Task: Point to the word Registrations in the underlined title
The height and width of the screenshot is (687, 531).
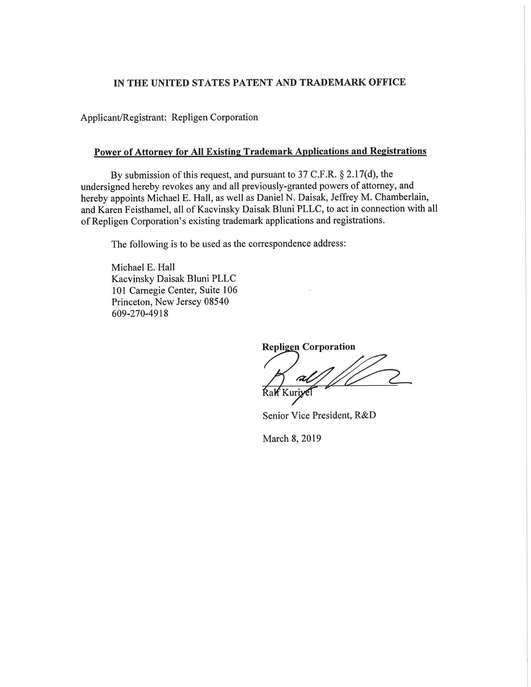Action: (398, 151)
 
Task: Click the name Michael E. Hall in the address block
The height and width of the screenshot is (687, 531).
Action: (143, 267)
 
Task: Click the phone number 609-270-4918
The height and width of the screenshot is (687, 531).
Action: (140, 313)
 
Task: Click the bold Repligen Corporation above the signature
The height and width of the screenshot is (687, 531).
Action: (308, 347)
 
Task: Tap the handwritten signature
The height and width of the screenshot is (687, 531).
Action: (330, 374)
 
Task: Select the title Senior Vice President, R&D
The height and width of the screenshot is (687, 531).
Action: (319, 415)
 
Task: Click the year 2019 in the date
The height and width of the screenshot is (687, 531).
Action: (311, 439)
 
